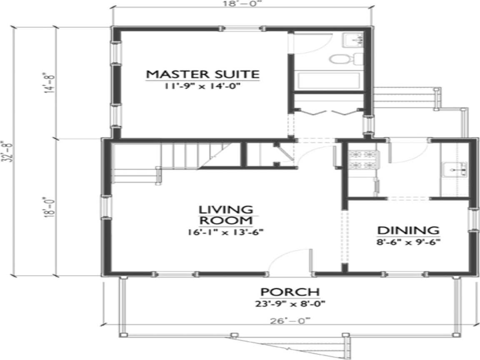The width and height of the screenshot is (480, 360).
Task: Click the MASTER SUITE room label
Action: [202, 74]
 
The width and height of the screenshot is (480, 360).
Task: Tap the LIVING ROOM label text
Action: [225, 215]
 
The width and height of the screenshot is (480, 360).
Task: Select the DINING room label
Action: [408, 230]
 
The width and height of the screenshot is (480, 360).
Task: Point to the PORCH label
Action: [290, 292]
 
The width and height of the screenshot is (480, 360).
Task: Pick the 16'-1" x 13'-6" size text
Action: [225, 232]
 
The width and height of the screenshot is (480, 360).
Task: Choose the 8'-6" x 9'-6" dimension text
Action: [408, 241]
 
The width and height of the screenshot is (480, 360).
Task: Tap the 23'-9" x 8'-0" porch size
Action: [290, 304]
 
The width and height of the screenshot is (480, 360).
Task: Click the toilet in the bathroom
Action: [345, 59]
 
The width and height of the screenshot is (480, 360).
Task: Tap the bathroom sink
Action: [353, 40]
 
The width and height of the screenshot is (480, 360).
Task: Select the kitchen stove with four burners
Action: [364, 160]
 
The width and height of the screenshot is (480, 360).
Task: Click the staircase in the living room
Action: [179, 156]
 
